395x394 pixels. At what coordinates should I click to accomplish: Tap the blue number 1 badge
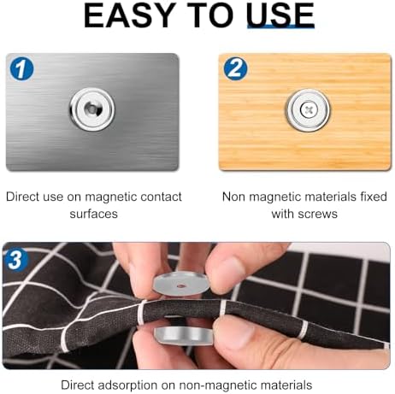point(21,69)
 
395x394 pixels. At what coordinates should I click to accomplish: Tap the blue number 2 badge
point(236,69)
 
